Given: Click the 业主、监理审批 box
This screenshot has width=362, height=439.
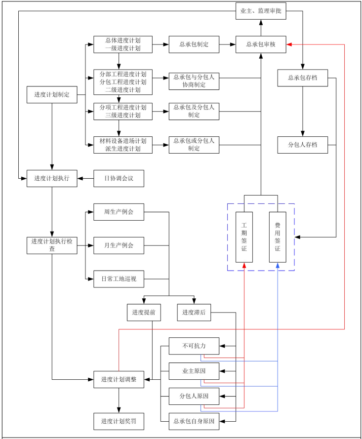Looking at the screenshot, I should [261, 11].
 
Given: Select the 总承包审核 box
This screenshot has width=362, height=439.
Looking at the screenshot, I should [261, 44].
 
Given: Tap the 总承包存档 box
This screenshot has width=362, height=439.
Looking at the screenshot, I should [302, 78].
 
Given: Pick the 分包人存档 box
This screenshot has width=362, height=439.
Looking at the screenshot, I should [302, 145].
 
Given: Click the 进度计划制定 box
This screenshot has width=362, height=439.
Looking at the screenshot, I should [52, 94].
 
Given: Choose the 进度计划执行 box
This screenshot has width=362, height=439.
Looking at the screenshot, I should [52, 178].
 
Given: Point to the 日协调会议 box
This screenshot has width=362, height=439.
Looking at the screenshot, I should [119, 178].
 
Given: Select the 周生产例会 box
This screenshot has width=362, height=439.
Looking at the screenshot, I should [119, 212].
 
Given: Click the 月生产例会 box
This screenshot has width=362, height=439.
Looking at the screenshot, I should [119, 245].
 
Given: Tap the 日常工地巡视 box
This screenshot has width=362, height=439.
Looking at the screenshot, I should [119, 279].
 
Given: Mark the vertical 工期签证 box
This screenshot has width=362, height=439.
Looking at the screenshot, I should [244, 237].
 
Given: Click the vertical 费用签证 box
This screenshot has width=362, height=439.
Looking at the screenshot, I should [278, 237].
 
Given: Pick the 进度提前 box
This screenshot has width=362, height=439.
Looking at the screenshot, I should [144, 312].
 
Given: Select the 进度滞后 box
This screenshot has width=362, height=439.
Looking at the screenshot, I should [194, 312].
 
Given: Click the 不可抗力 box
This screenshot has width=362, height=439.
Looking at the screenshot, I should [194, 346].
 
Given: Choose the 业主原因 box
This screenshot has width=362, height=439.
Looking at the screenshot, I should [194, 370].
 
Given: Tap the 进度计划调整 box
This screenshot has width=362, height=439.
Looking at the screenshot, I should [119, 379].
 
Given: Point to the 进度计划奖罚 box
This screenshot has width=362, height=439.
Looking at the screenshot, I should [119, 421].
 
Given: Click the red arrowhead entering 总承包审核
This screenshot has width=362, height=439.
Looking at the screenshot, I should [289, 44].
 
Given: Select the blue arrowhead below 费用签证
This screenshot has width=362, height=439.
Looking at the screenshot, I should [278, 266].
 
